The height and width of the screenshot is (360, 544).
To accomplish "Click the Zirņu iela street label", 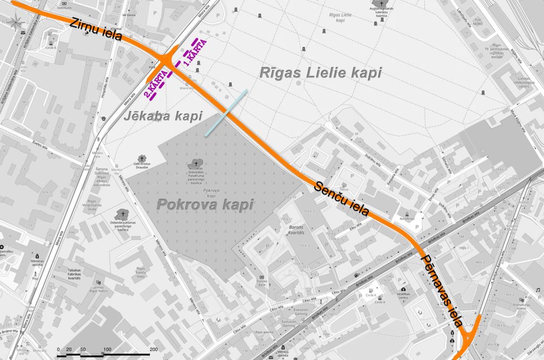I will pos(96,30).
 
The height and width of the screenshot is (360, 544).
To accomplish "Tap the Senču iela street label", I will pos(342,198).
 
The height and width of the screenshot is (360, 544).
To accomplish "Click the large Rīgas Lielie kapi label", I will pos(320,73).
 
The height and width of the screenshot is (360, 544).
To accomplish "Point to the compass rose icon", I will pos(15,21).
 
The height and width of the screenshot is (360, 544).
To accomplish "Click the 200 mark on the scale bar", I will pos(153,349).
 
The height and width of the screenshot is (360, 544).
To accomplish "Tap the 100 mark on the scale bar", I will pos(107,349).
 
